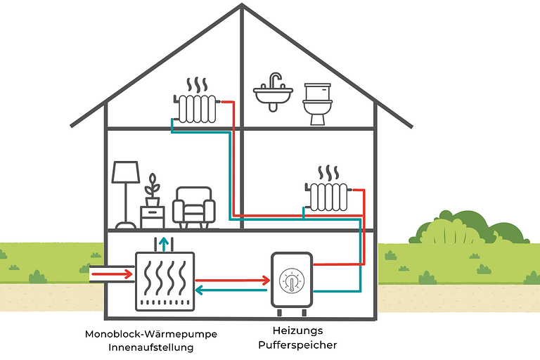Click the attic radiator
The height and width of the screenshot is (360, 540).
point(196,108)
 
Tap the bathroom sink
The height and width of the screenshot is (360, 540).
point(273,94)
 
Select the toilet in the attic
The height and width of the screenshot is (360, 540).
point(317,103)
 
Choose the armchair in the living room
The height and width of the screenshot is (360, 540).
point(193,208)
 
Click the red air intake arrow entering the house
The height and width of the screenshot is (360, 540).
point(115,273)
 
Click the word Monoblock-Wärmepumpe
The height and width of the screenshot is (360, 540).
point(150,334)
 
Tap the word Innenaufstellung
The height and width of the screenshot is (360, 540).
point(150,347)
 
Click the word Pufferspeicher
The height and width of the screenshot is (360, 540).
point(297,345)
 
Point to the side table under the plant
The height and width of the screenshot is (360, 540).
point(152,217)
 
